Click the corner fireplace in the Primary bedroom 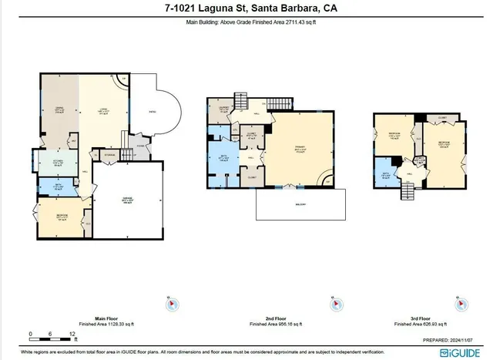coord(329,180)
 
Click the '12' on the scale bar coord(72,335)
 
